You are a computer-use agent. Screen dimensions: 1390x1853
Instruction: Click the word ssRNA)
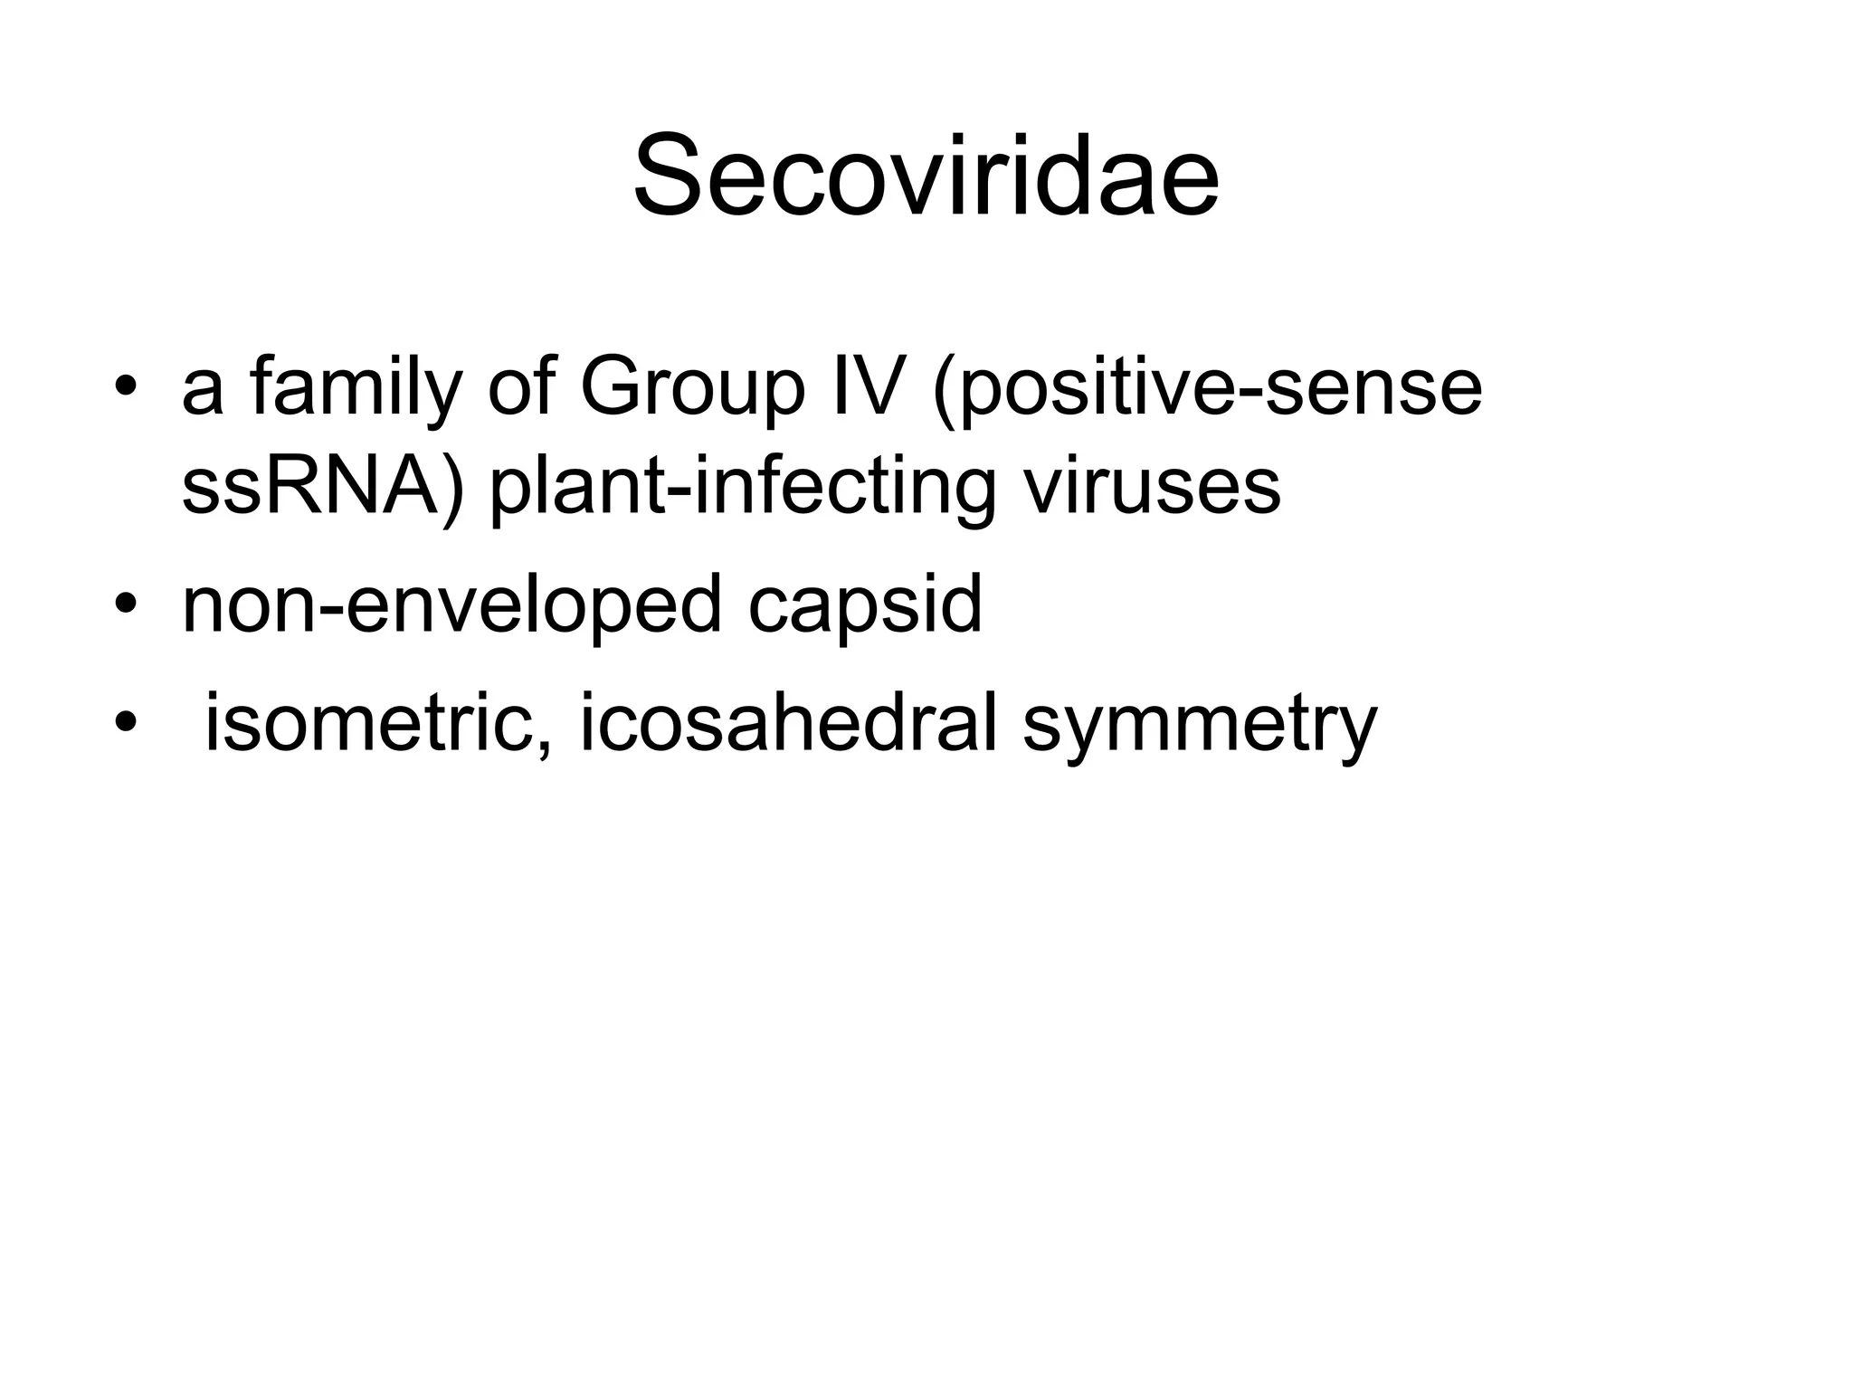[x=323, y=486]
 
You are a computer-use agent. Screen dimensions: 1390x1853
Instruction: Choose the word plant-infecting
[x=743, y=488]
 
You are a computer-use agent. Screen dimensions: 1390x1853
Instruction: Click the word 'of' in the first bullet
[x=520, y=386]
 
